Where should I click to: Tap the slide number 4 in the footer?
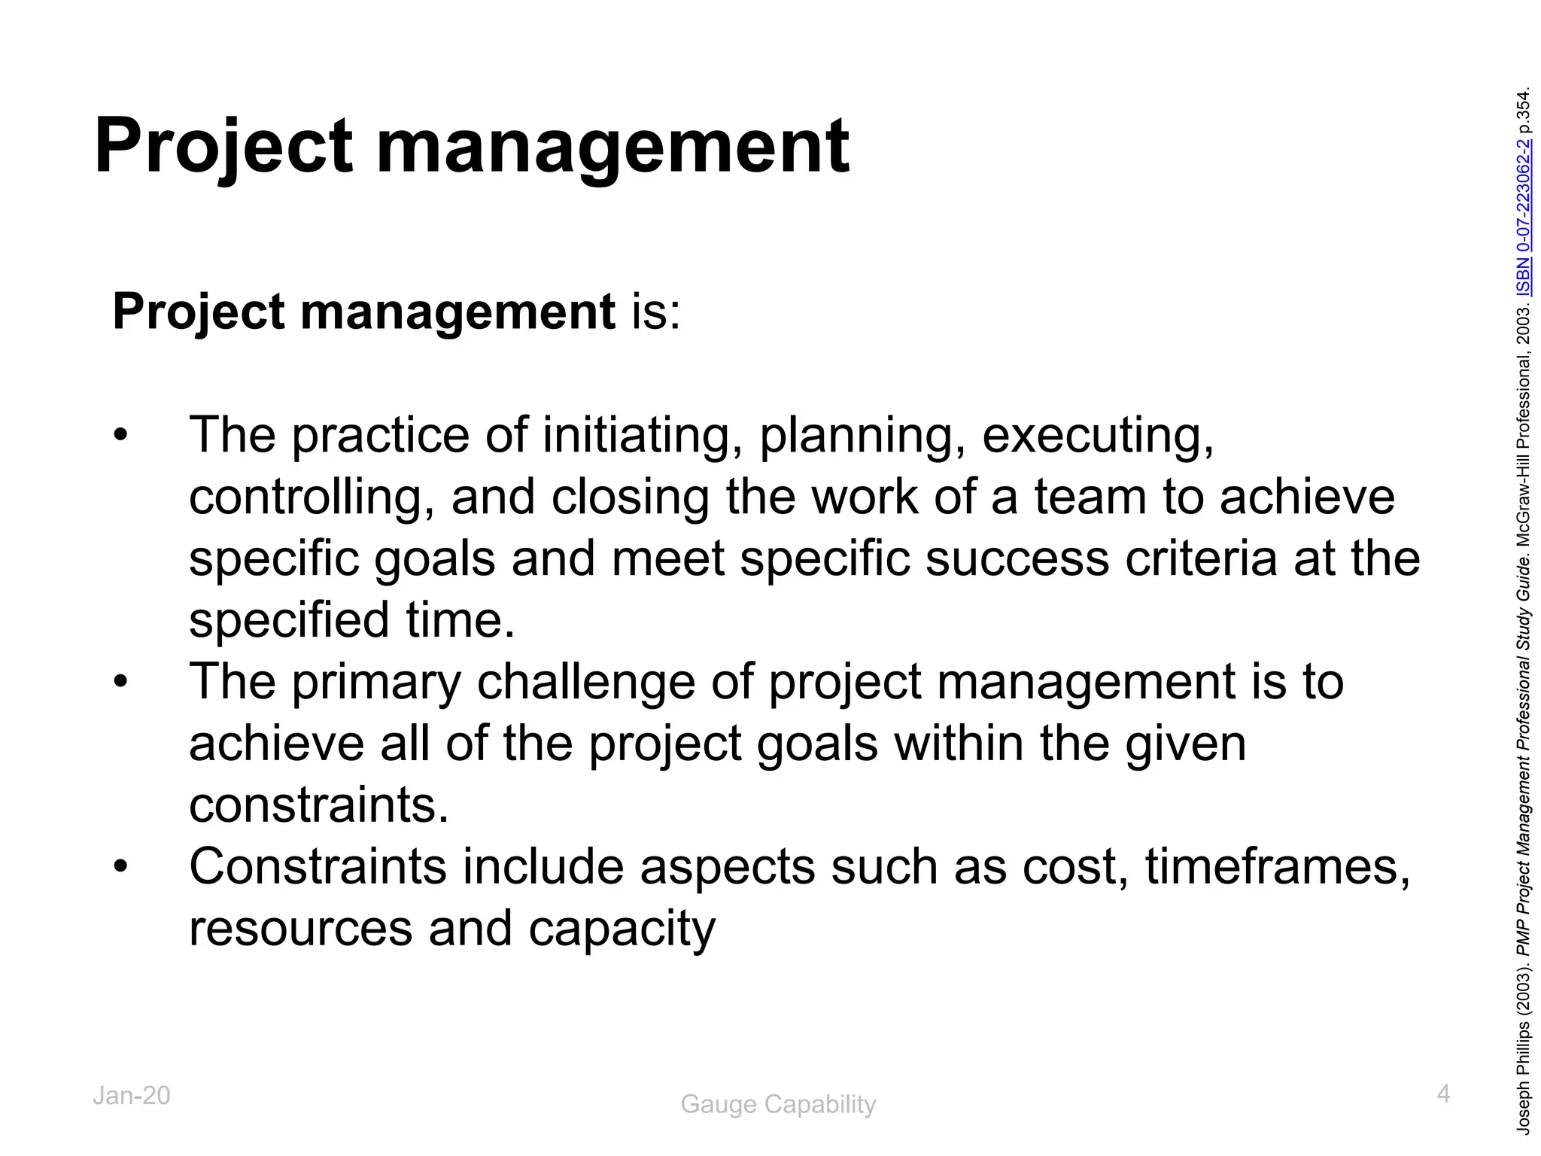tap(1443, 1094)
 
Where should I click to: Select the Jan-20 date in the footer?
tap(132, 1096)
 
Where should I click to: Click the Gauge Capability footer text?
tap(778, 1104)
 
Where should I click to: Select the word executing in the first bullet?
tap(1097, 436)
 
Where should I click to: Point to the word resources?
tap(300, 929)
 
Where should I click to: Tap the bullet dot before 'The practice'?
tap(121, 436)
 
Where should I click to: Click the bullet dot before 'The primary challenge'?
tap(121, 683)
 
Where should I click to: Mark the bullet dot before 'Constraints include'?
tap(121, 868)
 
